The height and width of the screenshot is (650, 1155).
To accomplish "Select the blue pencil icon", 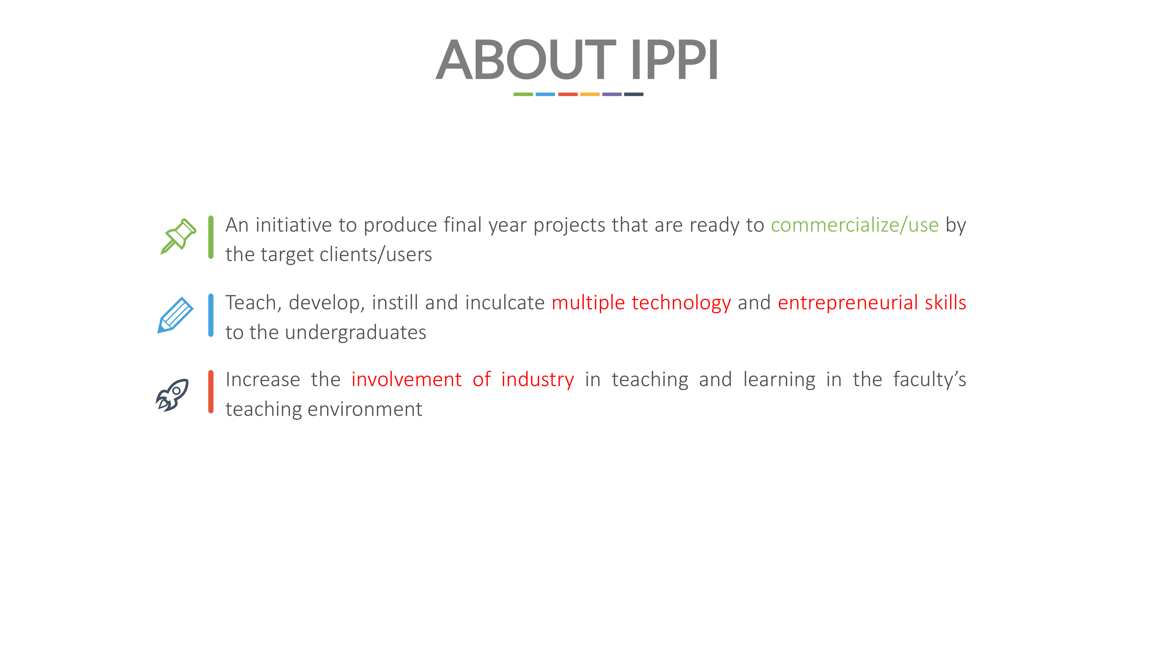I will pyautogui.click(x=175, y=315).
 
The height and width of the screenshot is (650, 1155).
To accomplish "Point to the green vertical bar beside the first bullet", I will pyautogui.click(x=211, y=237).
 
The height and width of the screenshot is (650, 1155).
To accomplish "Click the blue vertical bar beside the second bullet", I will pyautogui.click(x=211, y=315).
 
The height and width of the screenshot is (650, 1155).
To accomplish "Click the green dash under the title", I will pyautogui.click(x=523, y=94).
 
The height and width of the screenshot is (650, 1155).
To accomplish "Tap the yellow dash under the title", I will pyautogui.click(x=590, y=94).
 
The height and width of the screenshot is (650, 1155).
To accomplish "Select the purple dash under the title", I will pyautogui.click(x=612, y=94).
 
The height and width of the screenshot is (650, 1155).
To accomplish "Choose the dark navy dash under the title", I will pyautogui.click(x=634, y=94).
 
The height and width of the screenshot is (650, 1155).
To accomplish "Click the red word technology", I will pyautogui.click(x=681, y=303).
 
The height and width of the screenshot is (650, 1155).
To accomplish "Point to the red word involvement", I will pyautogui.click(x=406, y=380).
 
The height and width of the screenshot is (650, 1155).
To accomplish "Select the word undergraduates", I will pyautogui.click(x=355, y=333).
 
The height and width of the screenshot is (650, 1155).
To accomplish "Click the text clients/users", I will pyautogui.click(x=376, y=255).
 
